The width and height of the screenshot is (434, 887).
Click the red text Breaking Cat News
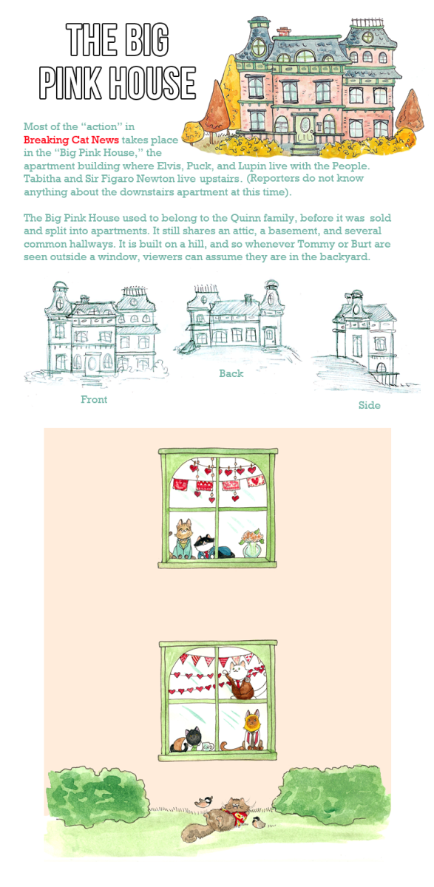click(x=71, y=140)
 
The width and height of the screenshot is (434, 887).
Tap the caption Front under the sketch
click(x=94, y=399)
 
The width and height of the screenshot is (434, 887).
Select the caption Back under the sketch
click(x=231, y=373)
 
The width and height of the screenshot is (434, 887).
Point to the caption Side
click(x=370, y=405)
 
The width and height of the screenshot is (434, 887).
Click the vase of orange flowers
click(x=251, y=543)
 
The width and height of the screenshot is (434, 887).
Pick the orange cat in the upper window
click(x=183, y=539)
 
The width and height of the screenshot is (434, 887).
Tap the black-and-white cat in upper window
click(x=213, y=548)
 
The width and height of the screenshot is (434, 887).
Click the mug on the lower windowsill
click(x=208, y=747)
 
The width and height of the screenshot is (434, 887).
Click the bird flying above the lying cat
click(x=203, y=802)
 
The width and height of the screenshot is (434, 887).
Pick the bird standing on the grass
click(x=260, y=823)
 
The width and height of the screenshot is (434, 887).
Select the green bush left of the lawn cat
click(x=97, y=795)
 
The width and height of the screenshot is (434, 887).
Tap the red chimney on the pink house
click(x=283, y=32)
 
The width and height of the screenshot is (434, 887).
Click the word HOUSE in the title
click(x=153, y=83)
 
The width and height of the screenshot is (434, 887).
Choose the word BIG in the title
click(x=144, y=39)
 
